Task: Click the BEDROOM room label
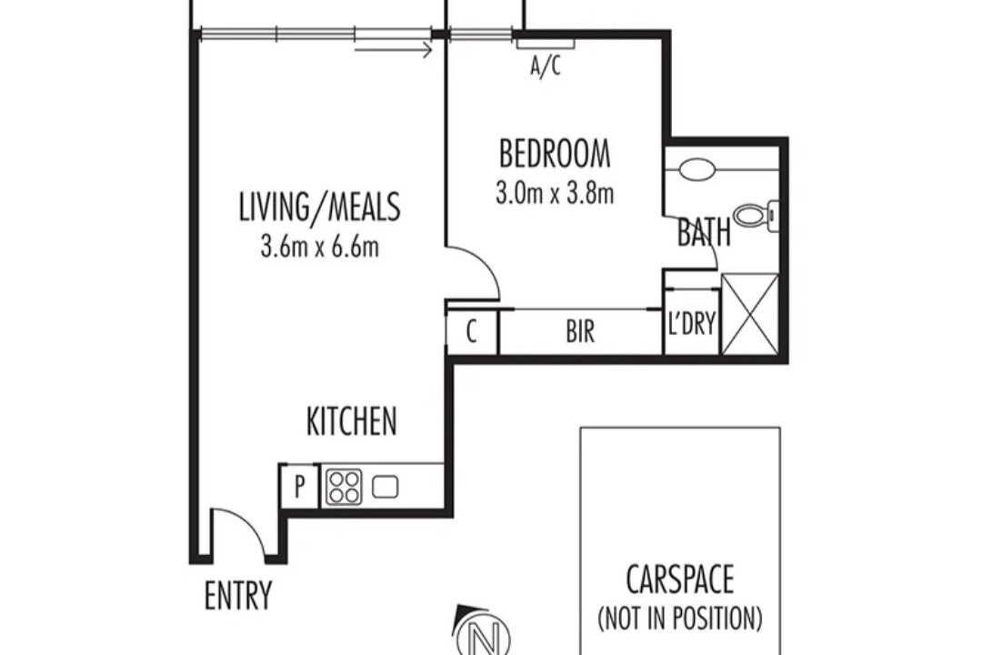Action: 555,154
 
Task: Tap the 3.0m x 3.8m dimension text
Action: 555,194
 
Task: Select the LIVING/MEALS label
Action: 319,207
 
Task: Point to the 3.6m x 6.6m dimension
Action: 319,247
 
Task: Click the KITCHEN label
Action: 351,420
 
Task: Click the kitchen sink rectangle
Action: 386,487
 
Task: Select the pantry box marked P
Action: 300,486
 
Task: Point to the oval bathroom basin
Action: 696,169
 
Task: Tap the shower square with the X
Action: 750,313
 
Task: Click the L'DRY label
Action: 691,324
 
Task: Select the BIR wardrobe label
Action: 580,331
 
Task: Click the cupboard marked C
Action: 472,331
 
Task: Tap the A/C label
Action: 546,65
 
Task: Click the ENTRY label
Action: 238,596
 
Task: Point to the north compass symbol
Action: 484,633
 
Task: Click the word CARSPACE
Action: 680,579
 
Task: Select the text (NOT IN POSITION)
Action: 680,618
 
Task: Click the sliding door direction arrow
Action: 394,49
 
